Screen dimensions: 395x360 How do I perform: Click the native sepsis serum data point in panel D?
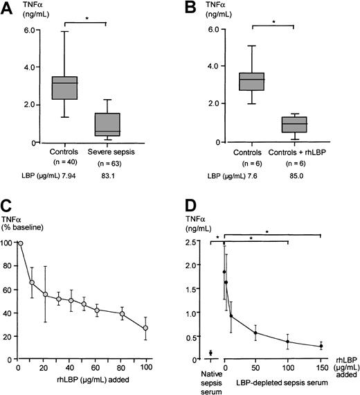point(210,353)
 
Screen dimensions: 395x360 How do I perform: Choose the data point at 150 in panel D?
point(321,346)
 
